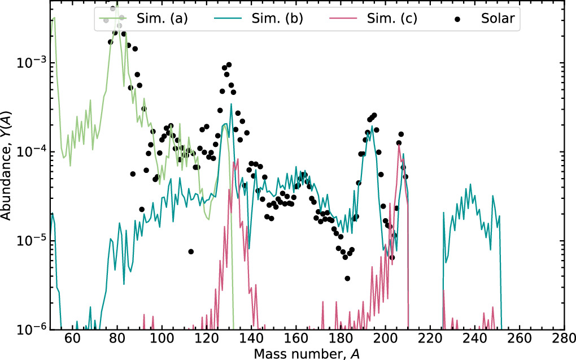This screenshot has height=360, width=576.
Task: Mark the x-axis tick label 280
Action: [x=563, y=341]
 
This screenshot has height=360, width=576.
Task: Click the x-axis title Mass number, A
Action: [x=307, y=353]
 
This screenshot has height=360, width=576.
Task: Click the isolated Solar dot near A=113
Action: [x=191, y=251]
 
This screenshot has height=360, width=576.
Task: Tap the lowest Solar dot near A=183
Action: [x=347, y=278]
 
